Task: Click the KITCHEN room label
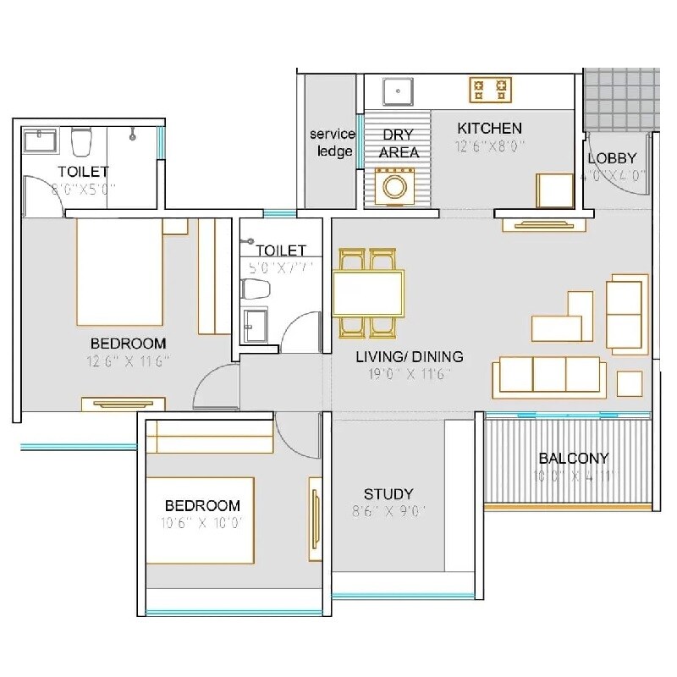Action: click(489, 128)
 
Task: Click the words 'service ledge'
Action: click(331, 143)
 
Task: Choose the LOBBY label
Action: click(612, 158)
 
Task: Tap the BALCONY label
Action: click(574, 459)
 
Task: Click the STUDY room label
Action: click(388, 494)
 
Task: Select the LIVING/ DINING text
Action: click(409, 357)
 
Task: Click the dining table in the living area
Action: click(368, 293)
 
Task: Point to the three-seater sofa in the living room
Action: click(549, 374)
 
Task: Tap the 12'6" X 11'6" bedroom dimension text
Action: click(128, 361)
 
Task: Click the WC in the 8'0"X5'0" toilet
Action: click(81, 141)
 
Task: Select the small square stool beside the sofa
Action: click(630, 383)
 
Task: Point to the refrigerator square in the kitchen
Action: click(555, 189)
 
